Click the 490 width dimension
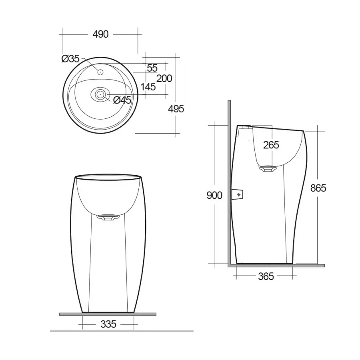[100, 34]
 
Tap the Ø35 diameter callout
[70, 59]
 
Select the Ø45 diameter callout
[122, 100]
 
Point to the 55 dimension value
[152, 68]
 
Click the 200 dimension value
[164, 78]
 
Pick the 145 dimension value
[148, 87]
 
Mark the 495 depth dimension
[176, 108]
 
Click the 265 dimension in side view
[271, 145]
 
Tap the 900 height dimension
[214, 195]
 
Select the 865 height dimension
[318, 188]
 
